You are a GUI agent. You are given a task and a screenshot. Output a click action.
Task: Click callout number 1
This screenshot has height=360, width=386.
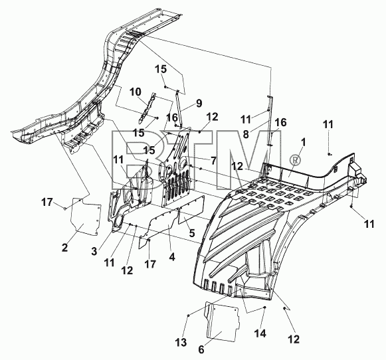[303, 143]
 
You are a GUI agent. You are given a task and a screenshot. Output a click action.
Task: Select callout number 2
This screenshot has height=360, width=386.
[64, 247]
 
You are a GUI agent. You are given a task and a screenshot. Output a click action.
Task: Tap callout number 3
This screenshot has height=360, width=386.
[94, 251]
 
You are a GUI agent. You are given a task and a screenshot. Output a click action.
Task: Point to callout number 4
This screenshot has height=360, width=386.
[172, 257]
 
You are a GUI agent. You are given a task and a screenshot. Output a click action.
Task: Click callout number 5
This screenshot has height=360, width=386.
[191, 232]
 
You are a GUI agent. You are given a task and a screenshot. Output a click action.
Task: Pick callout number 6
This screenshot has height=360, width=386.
[201, 349]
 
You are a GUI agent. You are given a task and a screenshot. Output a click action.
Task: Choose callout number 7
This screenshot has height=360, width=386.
[213, 161]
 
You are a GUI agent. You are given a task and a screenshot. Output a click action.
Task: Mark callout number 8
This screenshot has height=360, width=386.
[246, 134]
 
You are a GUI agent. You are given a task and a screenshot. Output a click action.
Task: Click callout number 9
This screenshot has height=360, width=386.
[199, 103]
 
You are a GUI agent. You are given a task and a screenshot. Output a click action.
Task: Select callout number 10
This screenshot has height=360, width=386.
[136, 92]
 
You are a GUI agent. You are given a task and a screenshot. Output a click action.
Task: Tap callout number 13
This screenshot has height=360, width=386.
[181, 342]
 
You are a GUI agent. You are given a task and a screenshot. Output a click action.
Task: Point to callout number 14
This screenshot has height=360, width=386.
[260, 333]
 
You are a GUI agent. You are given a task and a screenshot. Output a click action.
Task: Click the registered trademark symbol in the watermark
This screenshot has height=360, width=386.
[296, 161]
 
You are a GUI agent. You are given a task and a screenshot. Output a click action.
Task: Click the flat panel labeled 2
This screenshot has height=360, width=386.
[86, 217]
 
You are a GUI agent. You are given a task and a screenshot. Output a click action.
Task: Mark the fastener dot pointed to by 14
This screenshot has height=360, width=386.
[264, 307]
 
